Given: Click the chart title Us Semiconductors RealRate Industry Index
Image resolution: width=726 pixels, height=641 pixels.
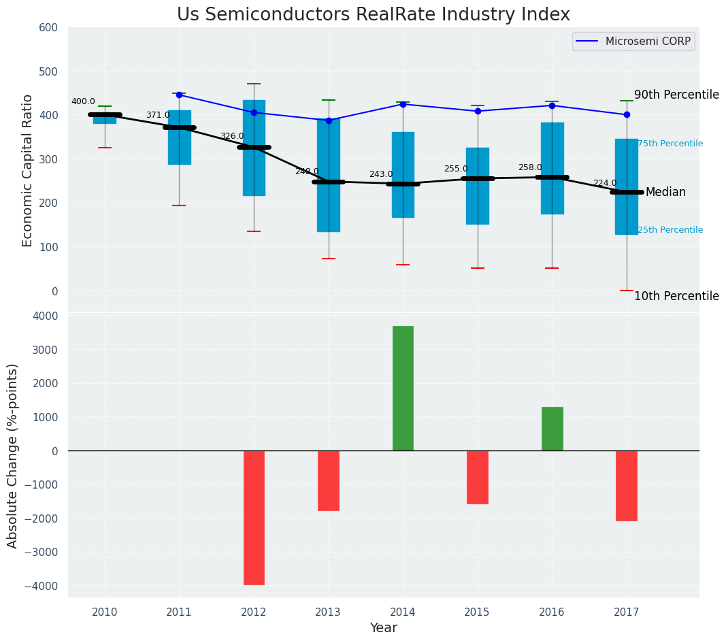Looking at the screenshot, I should tap(373, 15).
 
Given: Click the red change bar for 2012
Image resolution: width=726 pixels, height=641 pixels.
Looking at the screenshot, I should tap(254, 517).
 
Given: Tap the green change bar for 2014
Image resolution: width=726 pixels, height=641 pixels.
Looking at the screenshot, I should tap(403, 388).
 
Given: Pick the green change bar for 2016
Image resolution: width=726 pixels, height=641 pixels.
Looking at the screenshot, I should tap(552, 429).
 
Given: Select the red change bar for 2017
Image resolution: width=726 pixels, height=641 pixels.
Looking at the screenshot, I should tap(627, 486).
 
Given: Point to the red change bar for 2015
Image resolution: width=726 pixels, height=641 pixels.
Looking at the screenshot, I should tap(478, 477).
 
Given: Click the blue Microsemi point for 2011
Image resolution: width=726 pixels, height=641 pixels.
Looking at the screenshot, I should tap(179, 95).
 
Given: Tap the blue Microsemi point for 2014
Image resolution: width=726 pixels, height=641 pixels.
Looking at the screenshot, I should tap(403, 104).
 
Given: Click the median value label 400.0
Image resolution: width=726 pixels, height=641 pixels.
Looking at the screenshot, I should tap(83, 102).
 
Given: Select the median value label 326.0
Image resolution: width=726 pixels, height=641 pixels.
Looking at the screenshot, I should tap(232, 137).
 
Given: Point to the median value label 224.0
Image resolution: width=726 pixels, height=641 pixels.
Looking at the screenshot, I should tap(605, 184).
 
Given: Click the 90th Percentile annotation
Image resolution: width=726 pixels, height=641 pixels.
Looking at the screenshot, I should tap(676, 95).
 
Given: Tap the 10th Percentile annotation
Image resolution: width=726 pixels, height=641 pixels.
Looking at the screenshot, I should tap(676, 297).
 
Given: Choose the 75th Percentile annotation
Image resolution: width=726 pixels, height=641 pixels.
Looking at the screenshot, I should tap(670, 144).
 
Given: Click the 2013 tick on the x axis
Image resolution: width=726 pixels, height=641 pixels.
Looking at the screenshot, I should tap(329, 612).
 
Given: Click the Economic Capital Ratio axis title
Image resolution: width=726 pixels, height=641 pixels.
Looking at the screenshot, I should tap(28, 171).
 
